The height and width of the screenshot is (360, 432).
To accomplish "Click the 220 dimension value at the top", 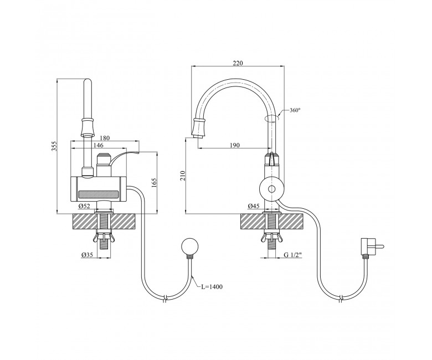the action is (x=238, y=63).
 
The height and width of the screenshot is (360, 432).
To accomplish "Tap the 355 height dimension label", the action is (x=54, y=146).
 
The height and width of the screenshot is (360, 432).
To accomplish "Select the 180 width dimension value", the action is (x=105, y=138).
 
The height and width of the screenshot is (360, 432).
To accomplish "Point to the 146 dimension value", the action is (x=99, y=145).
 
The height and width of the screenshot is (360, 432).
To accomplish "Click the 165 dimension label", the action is (x=154, y=183).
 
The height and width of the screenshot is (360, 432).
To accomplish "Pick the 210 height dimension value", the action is (x=182, y=176).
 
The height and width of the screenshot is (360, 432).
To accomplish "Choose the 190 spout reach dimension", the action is (x=234, y=145).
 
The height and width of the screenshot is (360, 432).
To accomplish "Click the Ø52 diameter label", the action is (x=84, y=206).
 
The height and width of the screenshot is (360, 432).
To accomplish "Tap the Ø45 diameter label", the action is (x=254, y=206).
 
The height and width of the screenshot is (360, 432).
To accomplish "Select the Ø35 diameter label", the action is (x=87, y=256).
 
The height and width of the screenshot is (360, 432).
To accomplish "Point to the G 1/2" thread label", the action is (x=293, y=255).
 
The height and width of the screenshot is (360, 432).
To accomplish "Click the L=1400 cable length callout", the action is (x=212, y=287).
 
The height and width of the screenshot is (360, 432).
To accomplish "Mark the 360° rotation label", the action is (x=295, y=110).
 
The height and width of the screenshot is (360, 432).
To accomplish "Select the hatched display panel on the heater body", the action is (x=98, y=195).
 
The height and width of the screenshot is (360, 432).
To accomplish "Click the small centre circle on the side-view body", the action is (x=272, y=189).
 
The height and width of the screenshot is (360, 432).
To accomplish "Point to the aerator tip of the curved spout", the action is (x=199, y=137).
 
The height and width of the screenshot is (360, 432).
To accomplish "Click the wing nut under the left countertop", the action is (x=104, y=237).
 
